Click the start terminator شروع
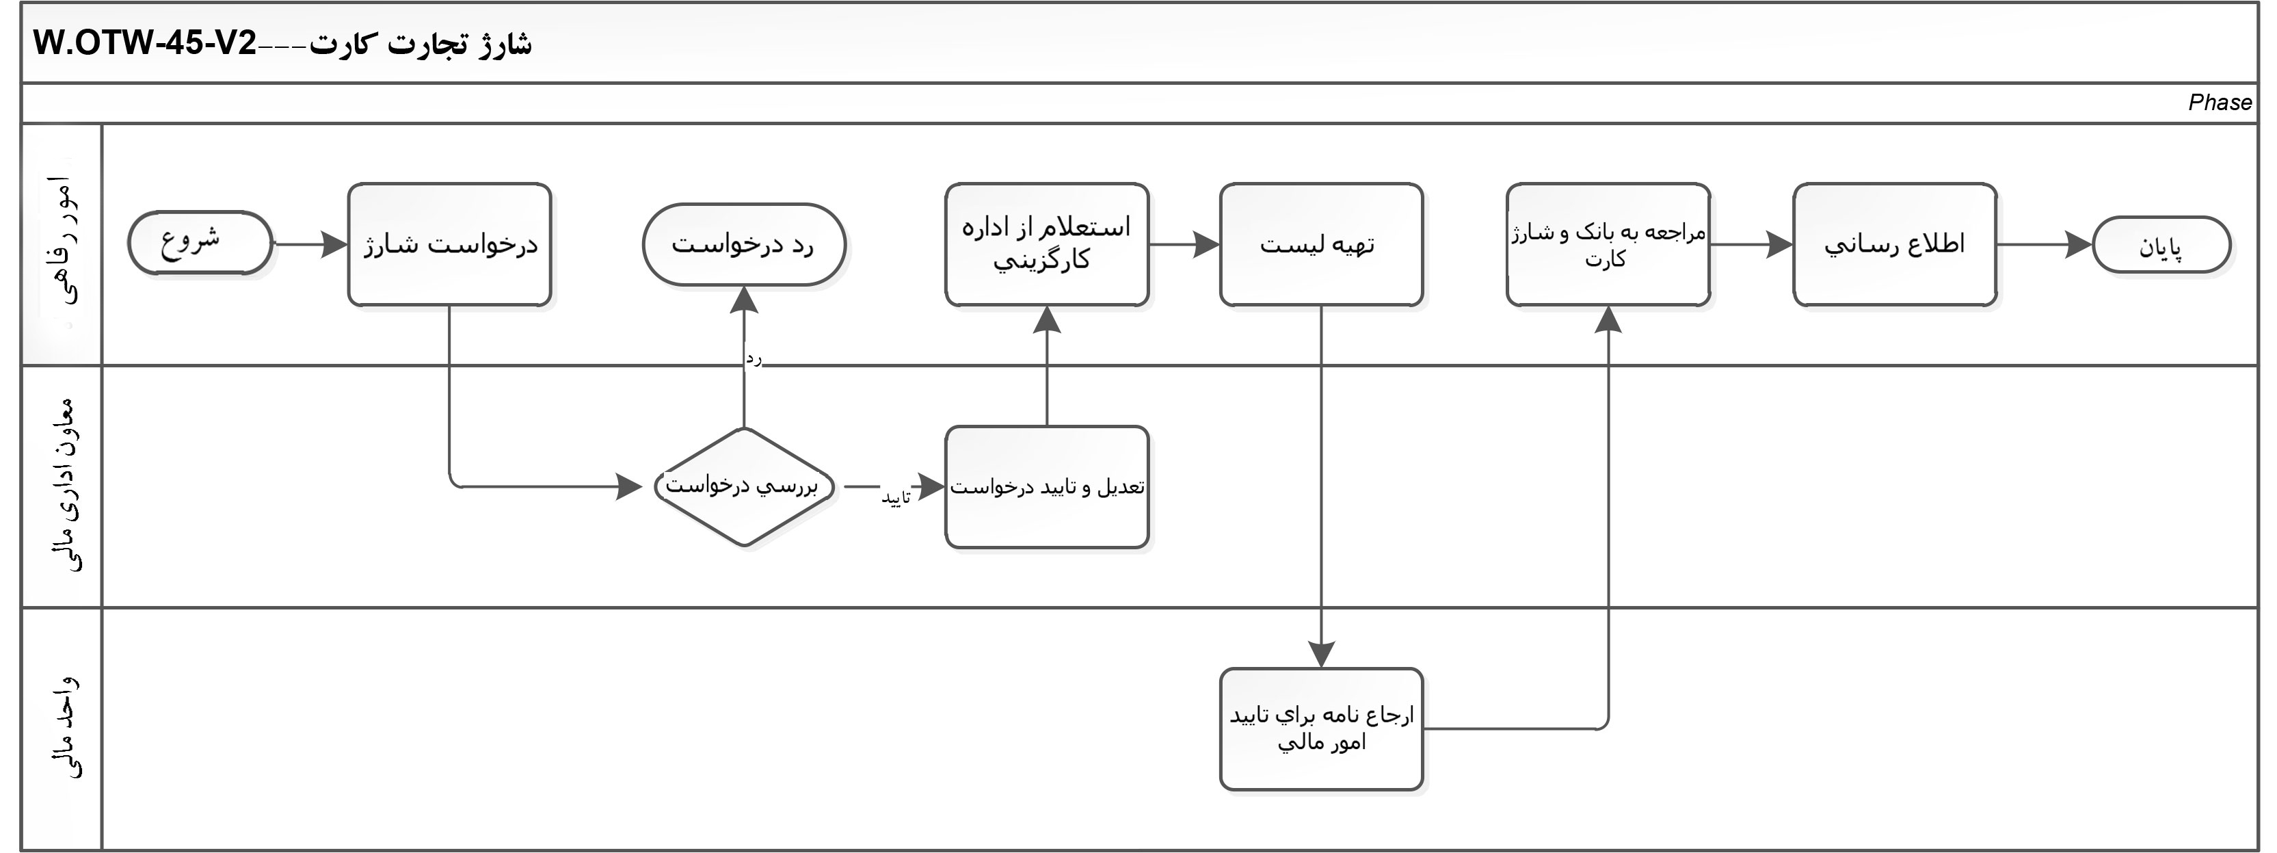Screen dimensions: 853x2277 click(200, 243)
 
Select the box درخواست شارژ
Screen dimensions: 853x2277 click(449, 245)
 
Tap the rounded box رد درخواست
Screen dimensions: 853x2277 click(743, 245)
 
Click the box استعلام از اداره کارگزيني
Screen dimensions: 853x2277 click(1047, 245)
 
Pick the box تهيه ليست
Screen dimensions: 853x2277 click(1320, 245)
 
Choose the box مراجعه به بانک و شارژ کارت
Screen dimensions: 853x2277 click(1608, 245)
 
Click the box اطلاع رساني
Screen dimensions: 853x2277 click(1894, 245)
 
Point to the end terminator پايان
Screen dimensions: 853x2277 click(2161, 246)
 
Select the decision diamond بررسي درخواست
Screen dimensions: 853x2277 click(743, 486)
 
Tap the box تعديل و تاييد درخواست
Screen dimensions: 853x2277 click(1047, 487)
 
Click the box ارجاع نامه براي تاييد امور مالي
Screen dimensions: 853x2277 click(1320, 729)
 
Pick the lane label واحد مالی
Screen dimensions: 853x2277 click(64, 728)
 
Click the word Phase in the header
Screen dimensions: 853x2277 click(2219, 103)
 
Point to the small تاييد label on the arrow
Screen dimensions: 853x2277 click(896, 499)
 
